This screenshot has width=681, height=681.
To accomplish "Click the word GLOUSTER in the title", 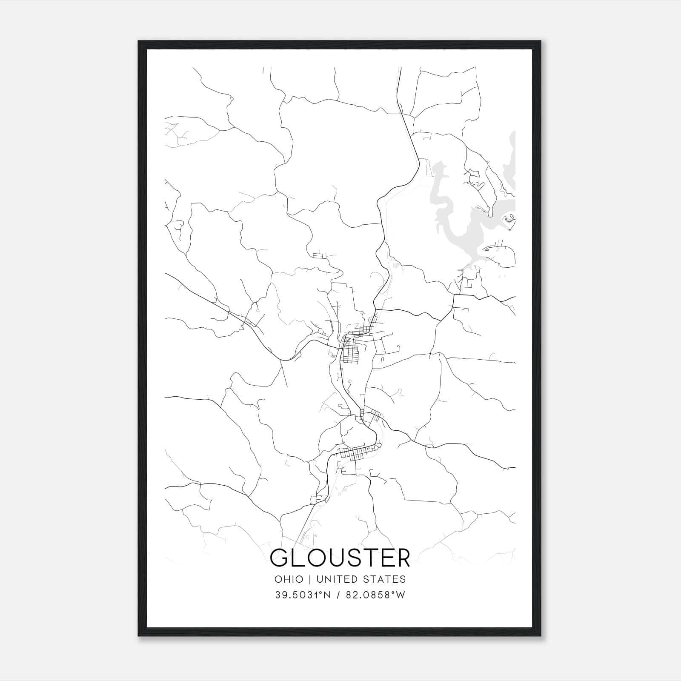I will coord(340,558).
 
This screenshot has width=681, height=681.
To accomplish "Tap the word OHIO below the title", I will coord(289,579).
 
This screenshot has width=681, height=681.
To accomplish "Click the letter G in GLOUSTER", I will coord(279,558).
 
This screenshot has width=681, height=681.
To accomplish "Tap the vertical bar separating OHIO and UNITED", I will coord(310,579).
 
